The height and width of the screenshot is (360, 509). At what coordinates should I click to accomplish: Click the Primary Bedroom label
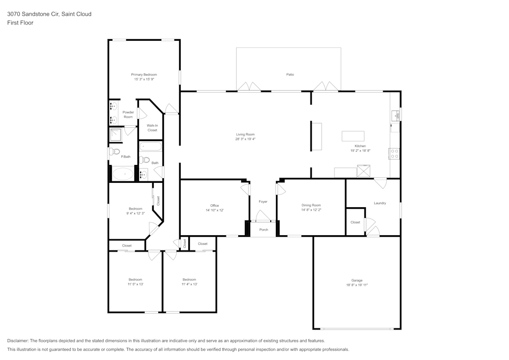tap(144, 75)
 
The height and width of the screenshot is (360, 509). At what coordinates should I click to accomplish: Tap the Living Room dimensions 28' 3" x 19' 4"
tap(245, 139)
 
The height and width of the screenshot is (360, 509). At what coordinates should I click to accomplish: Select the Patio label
tap(290, 75)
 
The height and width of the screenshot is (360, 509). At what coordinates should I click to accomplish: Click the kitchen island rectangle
tap(353, 136)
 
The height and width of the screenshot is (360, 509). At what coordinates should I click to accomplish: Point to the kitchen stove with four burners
tap(394, 154)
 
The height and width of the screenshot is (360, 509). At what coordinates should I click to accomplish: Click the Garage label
tap(357, 281)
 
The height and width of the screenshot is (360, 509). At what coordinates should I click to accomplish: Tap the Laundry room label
tap(380, 203)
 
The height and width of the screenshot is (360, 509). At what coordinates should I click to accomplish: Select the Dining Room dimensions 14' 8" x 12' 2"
tap(311, 210)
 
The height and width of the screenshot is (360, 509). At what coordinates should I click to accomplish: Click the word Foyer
tap(263, 202)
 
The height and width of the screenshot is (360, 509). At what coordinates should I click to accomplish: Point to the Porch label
tap(264, 230)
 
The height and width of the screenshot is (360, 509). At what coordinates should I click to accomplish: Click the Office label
tap(215, 206)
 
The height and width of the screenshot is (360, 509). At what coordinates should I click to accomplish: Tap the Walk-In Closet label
tap(152, 128)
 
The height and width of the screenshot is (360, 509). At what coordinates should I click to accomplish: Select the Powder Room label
tap(128, 115)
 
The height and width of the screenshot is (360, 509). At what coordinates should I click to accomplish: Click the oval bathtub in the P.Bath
tap(122, 174)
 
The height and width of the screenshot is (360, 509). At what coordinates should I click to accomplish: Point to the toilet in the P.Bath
tap(114, 151)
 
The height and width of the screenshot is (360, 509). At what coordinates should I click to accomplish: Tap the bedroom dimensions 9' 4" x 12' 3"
tap(135, 213)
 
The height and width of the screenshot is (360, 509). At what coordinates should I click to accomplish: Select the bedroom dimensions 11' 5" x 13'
tap(135, 284)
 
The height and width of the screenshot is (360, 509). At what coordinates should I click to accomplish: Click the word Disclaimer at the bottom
tap(17, 341)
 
